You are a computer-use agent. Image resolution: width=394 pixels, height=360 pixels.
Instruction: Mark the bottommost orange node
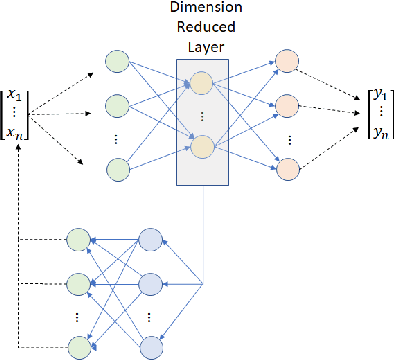[x=288, y=168]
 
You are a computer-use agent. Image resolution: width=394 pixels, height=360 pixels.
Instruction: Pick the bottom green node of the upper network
[x=118, y=168]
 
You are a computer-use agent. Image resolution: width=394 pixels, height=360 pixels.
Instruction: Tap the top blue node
[x=151, y=240]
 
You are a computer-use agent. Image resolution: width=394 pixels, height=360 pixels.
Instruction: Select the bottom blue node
[x=151, y=346]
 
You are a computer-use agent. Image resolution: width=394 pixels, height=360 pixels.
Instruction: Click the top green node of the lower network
[x=78, y=240]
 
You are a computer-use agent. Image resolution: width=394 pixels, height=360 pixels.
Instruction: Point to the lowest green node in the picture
[x=78, y=346]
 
